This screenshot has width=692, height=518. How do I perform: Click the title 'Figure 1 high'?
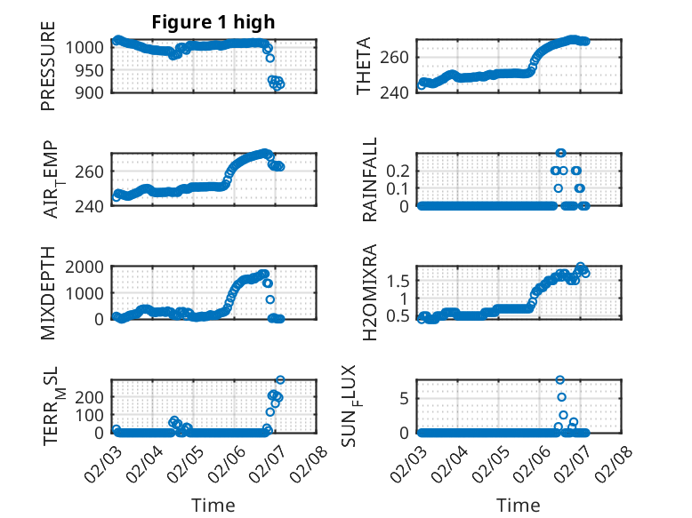pos(213,23)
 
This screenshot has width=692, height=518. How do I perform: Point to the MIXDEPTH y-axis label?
pos(48,292)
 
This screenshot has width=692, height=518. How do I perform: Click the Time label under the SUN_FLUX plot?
pos(519,506)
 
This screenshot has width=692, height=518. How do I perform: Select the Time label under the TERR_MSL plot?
pos(213,506)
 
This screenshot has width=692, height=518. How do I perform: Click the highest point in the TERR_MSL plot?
pos(280,380)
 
